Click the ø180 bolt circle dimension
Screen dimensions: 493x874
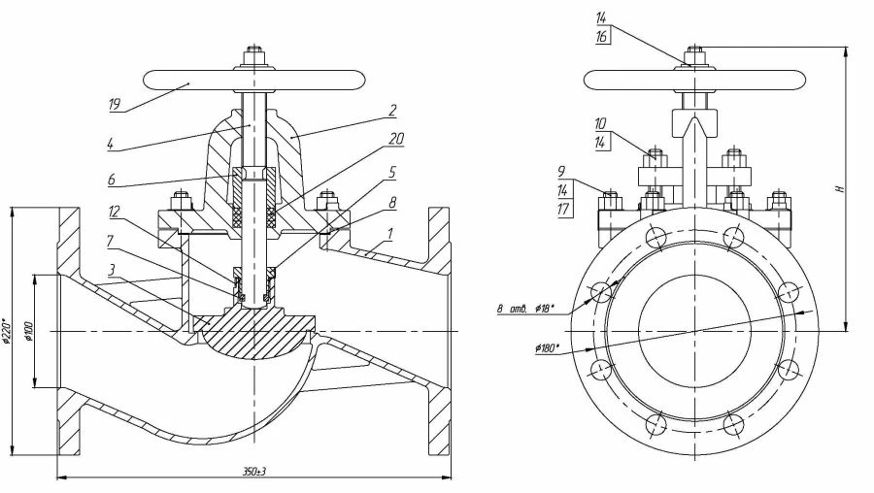pos(547,346)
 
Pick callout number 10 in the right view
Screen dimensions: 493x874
pos(601,123)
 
